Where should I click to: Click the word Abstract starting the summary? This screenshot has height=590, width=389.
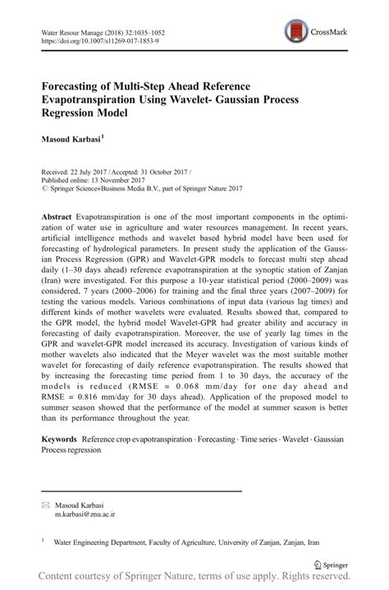57,209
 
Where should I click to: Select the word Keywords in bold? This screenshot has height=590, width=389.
62,439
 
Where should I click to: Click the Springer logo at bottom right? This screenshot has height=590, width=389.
332,565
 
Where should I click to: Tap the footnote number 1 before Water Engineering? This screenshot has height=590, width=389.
43,540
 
